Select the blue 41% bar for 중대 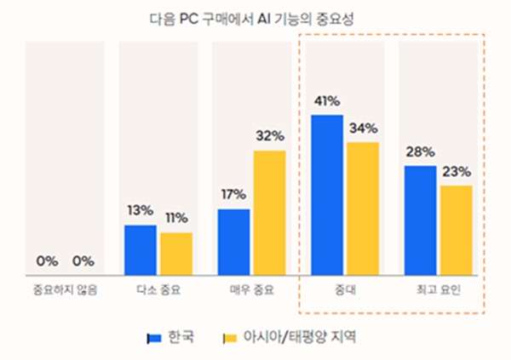327,194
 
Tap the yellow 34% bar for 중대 364,208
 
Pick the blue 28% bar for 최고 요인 421,220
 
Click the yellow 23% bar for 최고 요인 456,230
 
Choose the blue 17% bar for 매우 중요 233,242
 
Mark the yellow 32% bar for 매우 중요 269,212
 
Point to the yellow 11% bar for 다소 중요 176,253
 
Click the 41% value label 327,101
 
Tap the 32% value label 269,136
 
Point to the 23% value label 456,172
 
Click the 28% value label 421,151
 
